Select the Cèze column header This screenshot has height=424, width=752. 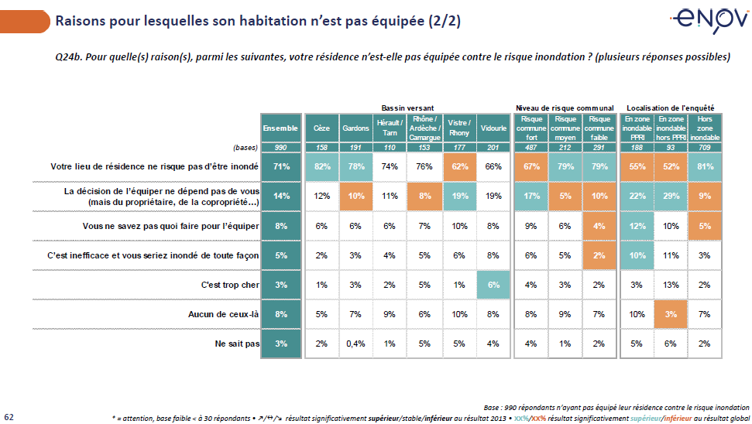[x=321, y=128]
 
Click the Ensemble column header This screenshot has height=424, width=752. [x=280, y=128]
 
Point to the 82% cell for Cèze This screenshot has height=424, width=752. [x=321, y=166]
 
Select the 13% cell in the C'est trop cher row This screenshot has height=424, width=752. [x=670, y=285]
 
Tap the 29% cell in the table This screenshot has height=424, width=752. [x=670, y=196]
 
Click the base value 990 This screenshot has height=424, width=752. [x=280, y=147]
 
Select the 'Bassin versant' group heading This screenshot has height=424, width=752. [x=407, y=108]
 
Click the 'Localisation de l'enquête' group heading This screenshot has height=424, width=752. [x=670, y=108]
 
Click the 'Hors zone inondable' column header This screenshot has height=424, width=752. [x=706, y=128]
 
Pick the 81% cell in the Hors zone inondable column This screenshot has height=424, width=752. [x=706, y=166]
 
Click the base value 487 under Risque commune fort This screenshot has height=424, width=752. [x=531, y=147]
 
